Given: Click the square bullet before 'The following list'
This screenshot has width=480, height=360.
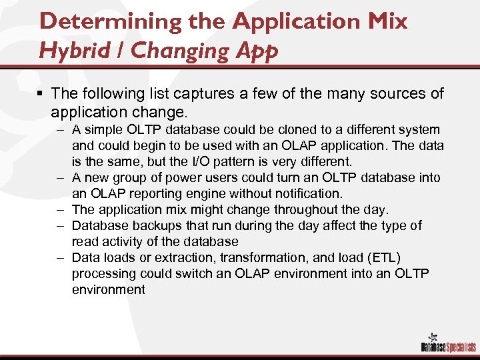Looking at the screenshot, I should (x=41, y=94).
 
